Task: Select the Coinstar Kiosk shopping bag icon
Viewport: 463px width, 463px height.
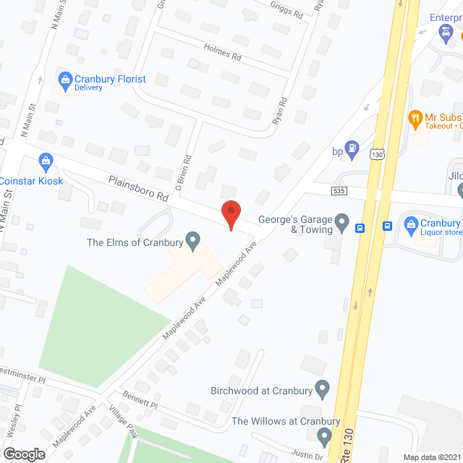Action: pyautogui.click(x=46, y=160)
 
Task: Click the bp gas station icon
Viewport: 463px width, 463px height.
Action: pyautogui.click(x=352, y=150)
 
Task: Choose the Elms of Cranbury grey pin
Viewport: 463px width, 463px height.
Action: pyautogui.click(x=192, y=239)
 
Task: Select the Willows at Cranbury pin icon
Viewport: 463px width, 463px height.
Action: pyautogui.click(x=323, y=436)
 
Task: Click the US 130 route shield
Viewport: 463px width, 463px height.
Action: pyautogui.click(x=375, y=154)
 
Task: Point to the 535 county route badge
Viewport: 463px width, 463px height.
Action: pyautogui.click(x=339, y=191)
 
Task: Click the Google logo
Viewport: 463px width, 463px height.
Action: pyautogui.click(x=24, y=454)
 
